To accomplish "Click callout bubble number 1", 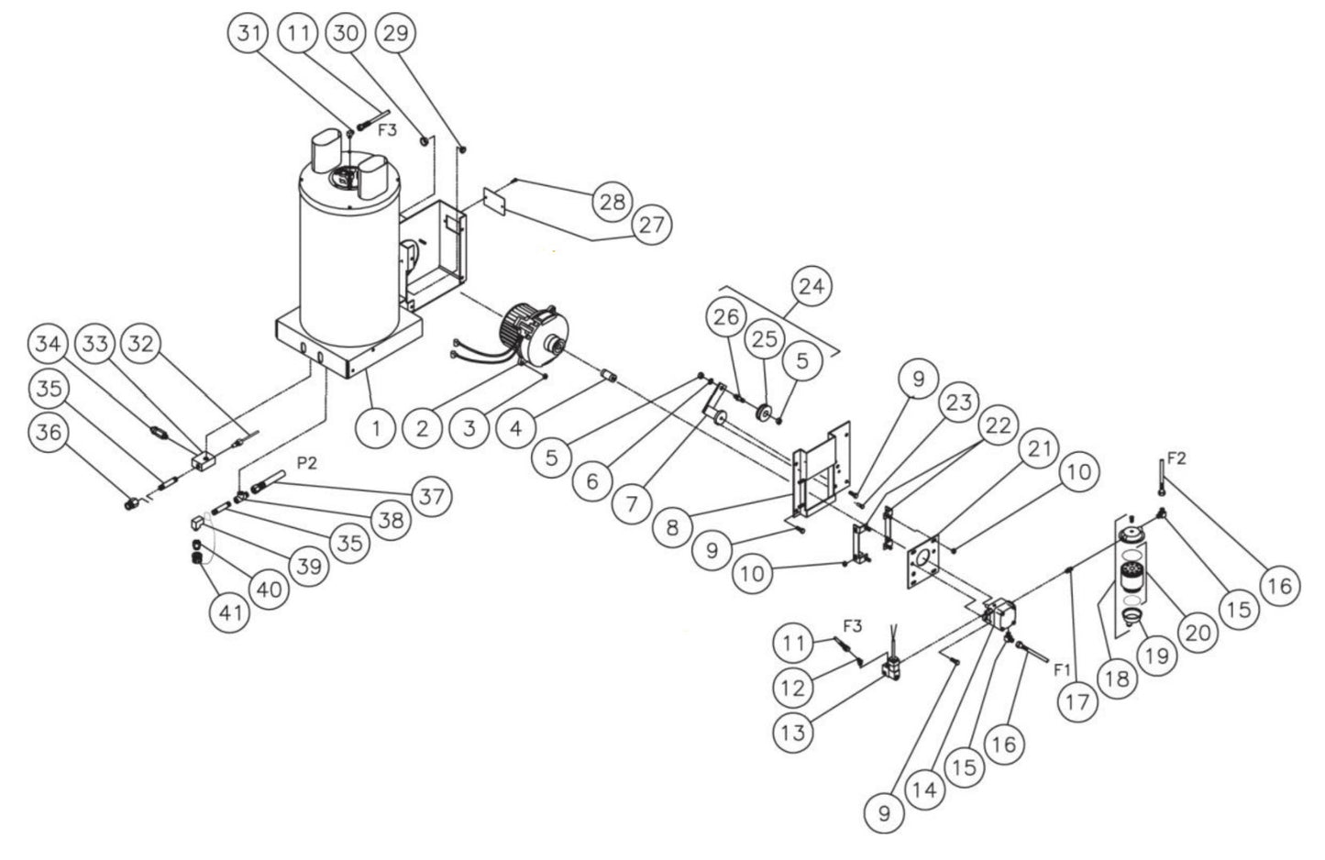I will pyautogui.click(x=376, y=427).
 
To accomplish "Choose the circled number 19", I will pyautogui.click(x=1156, y=656).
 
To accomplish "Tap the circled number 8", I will pyautogui.click(x=674, y=527).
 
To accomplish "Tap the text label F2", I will pyautogui.click(x=1177, y=458).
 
